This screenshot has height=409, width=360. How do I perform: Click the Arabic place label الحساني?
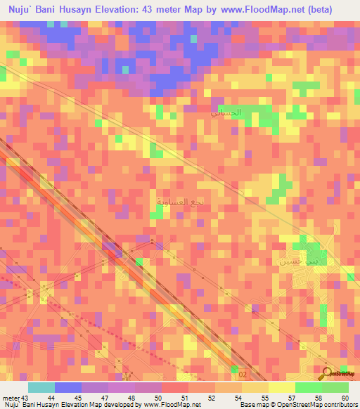point(226,112)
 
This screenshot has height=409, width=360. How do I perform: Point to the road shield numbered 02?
point(243,375)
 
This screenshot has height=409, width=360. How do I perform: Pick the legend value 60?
point(345,398)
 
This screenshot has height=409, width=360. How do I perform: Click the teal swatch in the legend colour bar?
point(41,387)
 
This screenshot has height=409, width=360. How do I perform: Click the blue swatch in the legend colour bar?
point(67,387)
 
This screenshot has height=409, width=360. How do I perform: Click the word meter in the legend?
point(10,398)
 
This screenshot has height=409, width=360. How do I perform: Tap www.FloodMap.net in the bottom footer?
point(174,405)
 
